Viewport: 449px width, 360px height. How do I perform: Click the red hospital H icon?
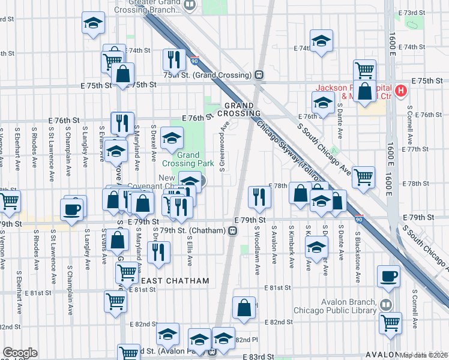tap(402, 91)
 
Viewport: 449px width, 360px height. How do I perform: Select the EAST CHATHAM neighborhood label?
tap(175, 281)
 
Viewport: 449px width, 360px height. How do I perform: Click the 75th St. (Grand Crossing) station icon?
tap(259, 75)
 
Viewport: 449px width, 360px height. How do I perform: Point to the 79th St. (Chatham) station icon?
tap(232, 230)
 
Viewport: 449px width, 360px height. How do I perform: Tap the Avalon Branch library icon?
tap(384, 305)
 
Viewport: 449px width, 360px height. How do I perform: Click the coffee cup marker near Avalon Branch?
tap(388, 276)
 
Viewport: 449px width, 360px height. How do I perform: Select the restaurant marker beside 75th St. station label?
tap(174, 59)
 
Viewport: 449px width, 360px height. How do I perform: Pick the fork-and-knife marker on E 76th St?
tap(122, 122)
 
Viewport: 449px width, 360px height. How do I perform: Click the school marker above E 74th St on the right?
tap(322, 41)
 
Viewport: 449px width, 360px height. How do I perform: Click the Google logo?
tap(20, 353)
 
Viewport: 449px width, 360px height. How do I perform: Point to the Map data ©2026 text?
tap(424, 355)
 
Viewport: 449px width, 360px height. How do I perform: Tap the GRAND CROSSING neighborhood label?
tap(239, 109)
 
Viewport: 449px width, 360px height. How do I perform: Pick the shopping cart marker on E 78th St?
tap(364, 177)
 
